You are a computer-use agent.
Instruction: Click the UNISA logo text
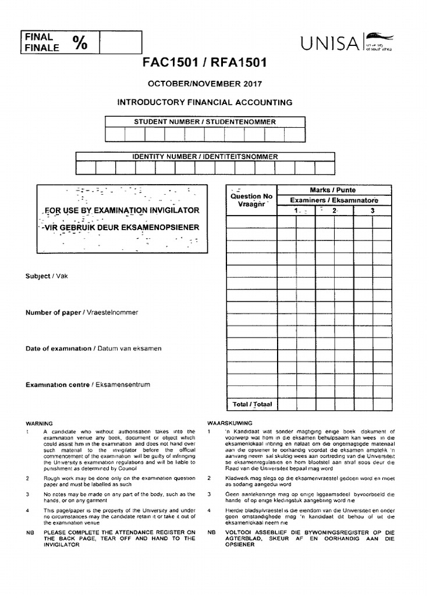[x=329, y=43]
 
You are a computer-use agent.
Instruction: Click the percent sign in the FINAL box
[x=80, y=42]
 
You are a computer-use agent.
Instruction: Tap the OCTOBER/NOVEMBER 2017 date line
[x=204, y=83]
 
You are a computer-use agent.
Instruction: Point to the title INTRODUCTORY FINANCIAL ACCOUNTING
[x=205, y=102]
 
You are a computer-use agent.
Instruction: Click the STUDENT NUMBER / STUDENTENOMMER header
[x=205, y=121]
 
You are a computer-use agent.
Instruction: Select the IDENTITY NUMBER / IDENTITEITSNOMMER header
[x=205, y=156]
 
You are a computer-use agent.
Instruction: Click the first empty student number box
[x=115, y=134]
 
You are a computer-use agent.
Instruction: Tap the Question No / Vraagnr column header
[x=251, y=200]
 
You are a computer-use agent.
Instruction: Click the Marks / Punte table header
[x=333, y=190]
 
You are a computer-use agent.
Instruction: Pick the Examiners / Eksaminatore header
[x=333, y=200]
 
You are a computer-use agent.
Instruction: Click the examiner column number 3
[x=372, y=211]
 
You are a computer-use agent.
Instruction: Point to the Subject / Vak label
[x=47, y=276]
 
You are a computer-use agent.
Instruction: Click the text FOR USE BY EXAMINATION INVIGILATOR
[x=122, y=210]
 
